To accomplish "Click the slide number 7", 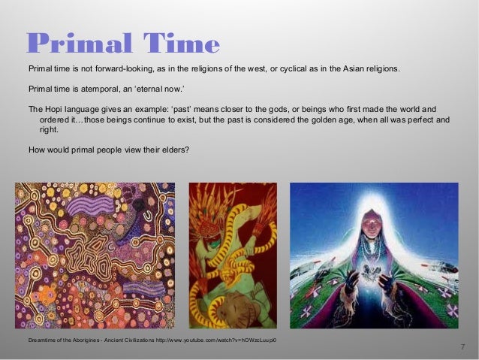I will pos(462,346).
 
